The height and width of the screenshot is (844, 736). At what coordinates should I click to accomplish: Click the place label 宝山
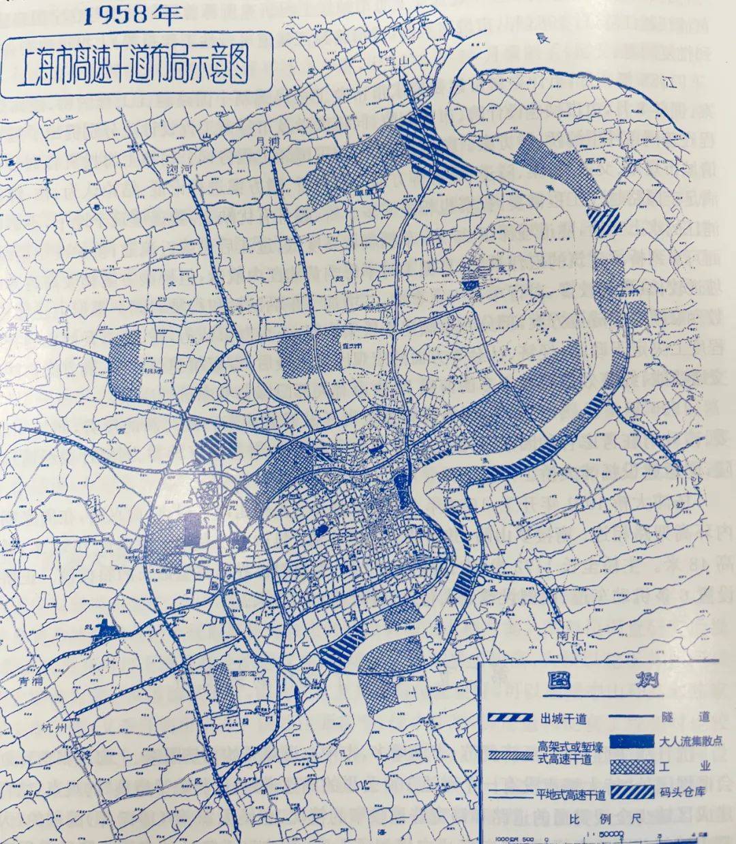[x=393, y=61]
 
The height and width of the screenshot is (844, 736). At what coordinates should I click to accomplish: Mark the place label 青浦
[x=31, y=681]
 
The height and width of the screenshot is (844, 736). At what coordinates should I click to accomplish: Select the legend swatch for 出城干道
[x=511, y=719]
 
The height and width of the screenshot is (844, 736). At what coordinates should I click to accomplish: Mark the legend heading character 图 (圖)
[x=564, y=682]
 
